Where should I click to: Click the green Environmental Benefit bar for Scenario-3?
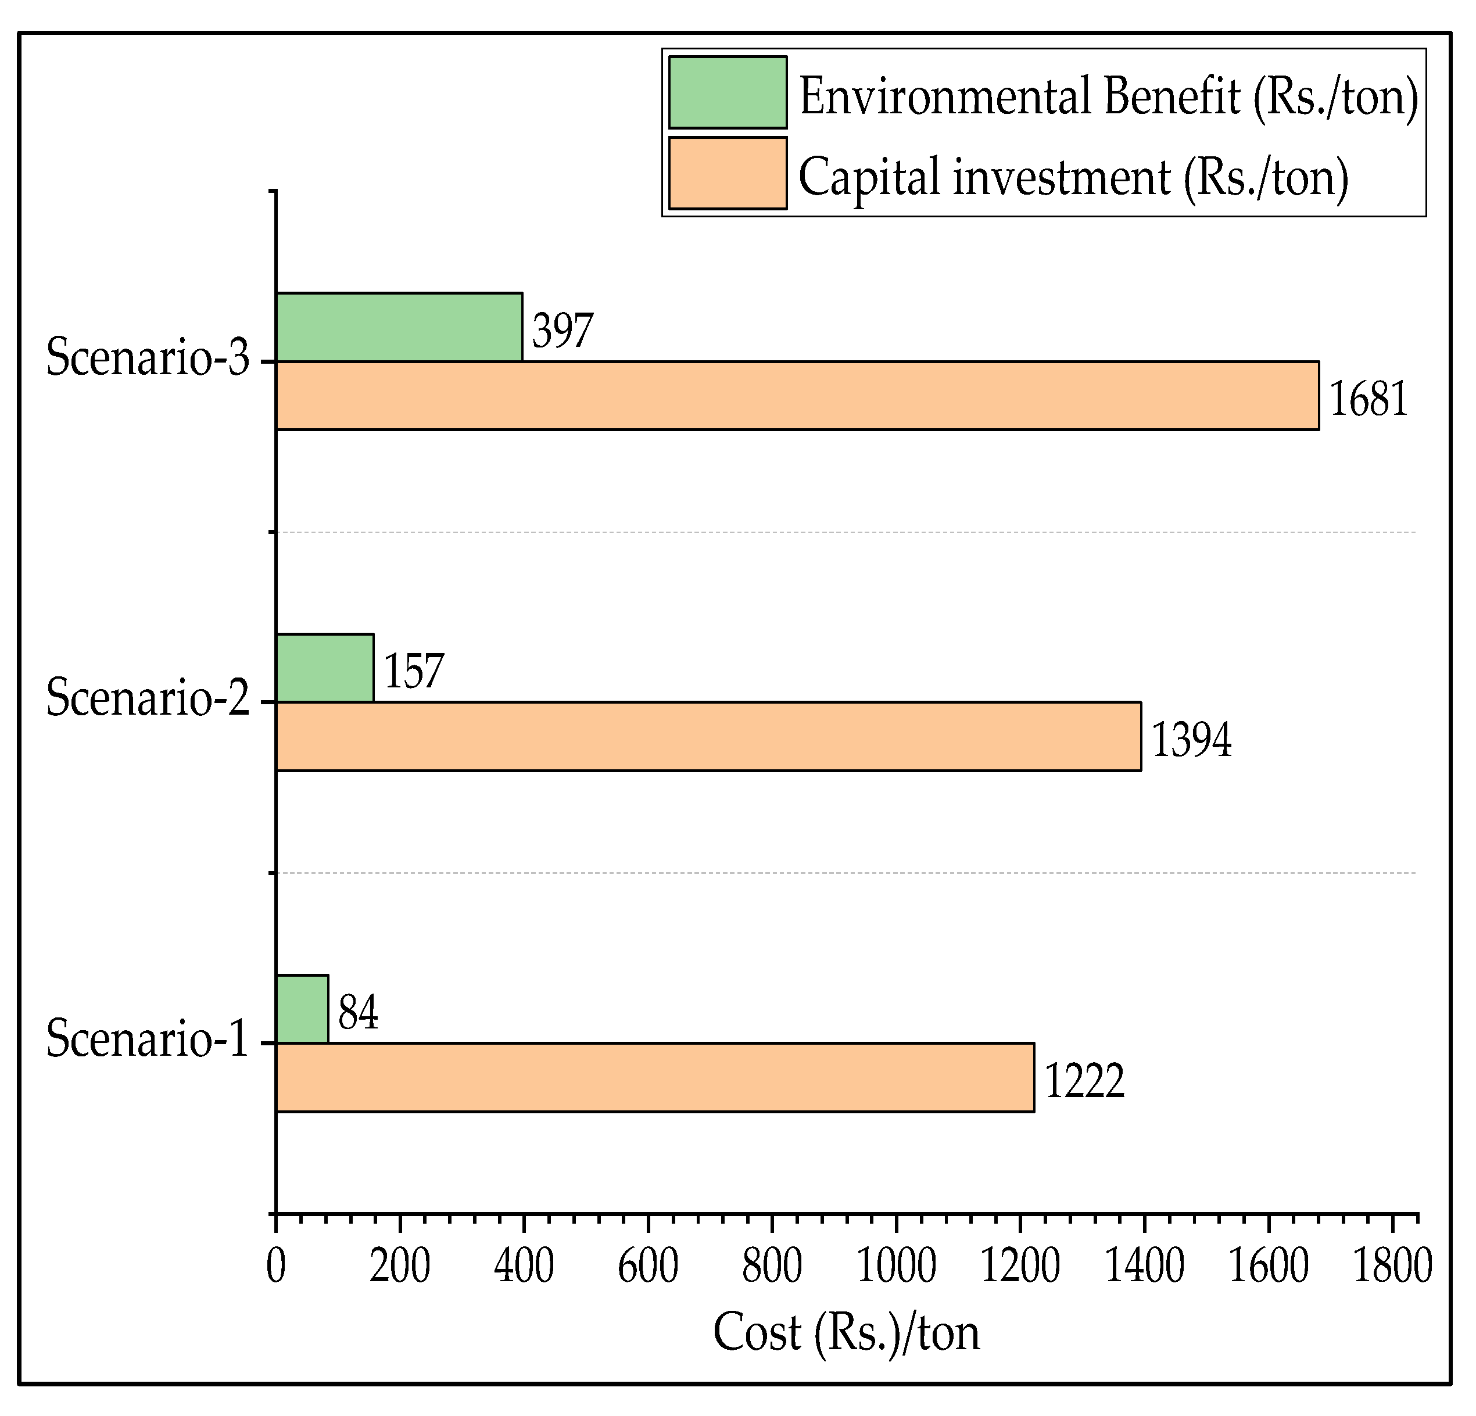tap(399, 328)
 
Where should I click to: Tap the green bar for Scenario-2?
tap(325, 668)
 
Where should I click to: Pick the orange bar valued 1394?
tap(708, 737)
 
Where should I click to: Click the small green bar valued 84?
tap(302, 1009)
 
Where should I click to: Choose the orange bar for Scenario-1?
tap(654, 1078)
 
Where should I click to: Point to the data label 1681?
tap(1368, 399)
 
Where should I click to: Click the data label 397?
tap(563, 331)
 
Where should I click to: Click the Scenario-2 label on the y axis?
tap(148, 697)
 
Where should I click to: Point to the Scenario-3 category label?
tap(148, 357)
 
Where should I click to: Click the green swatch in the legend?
tap(728, 92)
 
